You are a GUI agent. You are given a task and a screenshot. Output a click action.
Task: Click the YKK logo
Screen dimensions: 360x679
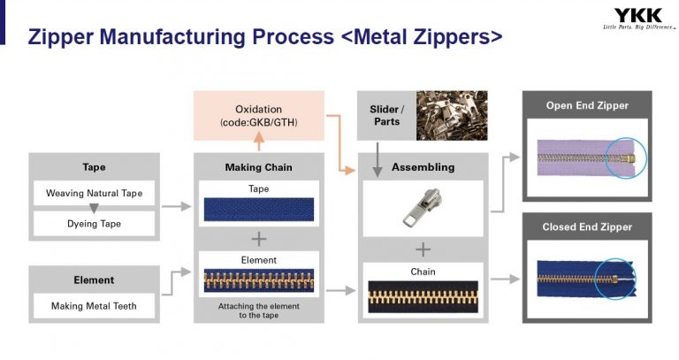click(637, 15)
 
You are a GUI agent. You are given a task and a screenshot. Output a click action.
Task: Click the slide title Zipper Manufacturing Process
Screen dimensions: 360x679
click(265, 36)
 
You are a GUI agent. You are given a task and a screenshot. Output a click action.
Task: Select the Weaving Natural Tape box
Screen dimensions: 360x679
click(95, 193)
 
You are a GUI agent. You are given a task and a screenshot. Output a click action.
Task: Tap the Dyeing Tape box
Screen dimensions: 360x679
click(95, 224)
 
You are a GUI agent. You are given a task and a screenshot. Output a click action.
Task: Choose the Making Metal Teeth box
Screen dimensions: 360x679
click(95, 307)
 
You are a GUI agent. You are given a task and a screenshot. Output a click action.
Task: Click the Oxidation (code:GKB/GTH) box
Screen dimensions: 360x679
click(258, 115)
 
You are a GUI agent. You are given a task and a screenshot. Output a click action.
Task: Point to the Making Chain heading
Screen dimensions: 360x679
click(258, 166)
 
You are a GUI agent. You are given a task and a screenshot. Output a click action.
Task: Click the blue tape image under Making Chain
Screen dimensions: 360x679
click(258, 209)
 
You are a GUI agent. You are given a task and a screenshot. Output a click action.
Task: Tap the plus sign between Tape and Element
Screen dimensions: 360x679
click(258, 239)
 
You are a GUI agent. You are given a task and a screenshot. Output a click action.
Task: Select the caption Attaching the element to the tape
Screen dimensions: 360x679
click(258, 310)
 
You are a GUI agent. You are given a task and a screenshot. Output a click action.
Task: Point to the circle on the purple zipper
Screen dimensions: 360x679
click(627, 157)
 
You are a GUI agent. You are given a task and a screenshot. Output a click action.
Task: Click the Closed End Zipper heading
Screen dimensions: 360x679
click(587, 227)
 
